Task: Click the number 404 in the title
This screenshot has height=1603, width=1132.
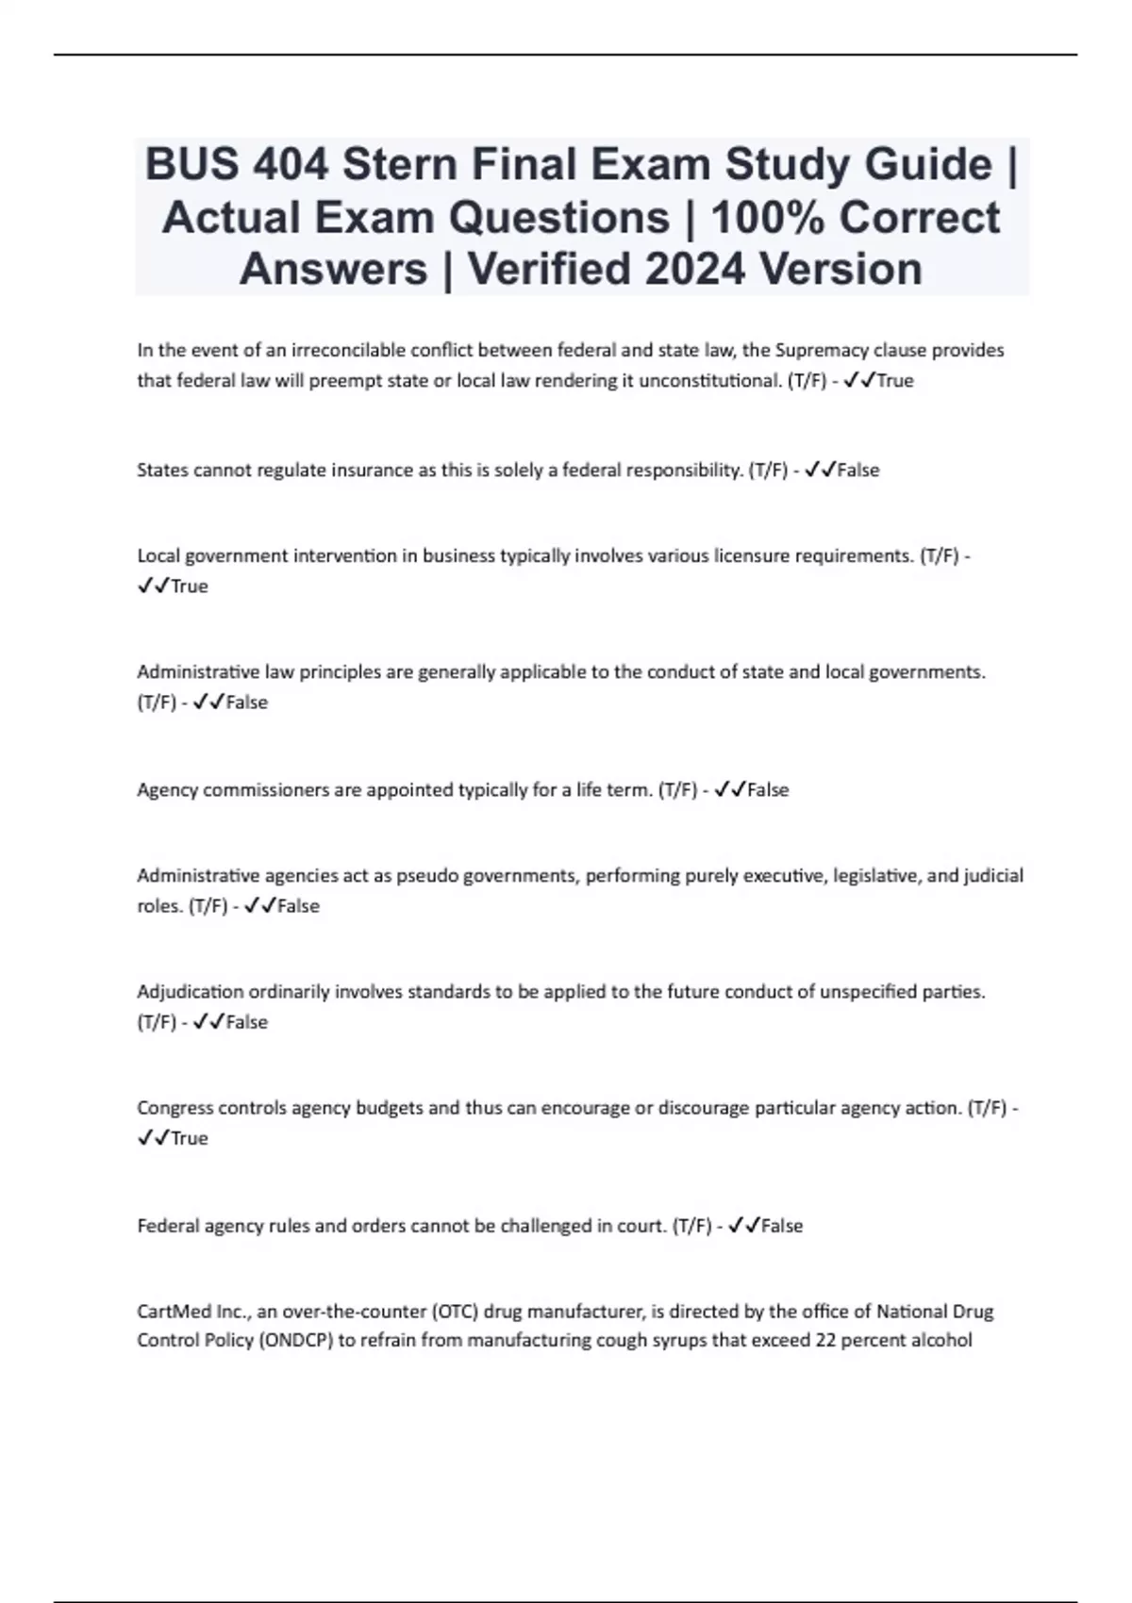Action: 291,165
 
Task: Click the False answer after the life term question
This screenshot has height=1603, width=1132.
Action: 768,789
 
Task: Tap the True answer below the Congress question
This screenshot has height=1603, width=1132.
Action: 189,1138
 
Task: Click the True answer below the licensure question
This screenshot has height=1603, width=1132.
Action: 189,587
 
